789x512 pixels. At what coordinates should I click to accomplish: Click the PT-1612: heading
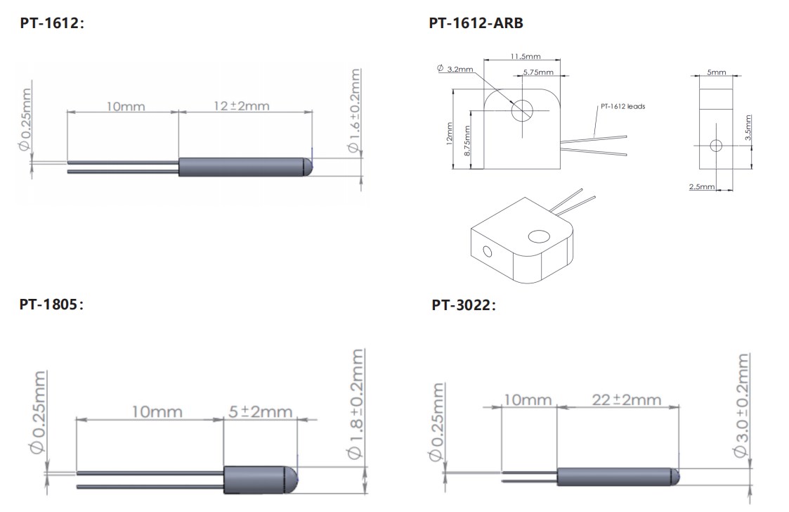[52, 23]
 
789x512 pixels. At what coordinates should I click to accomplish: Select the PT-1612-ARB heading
[476, 23]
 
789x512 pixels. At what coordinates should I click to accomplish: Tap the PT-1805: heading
[51, 305]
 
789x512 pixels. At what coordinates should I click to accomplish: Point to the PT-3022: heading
[464, 305]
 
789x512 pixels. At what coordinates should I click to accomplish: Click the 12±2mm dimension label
[242, 105]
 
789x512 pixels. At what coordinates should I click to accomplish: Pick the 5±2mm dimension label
[260, 411]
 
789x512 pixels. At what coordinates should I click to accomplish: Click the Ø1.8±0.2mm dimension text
[356, 404]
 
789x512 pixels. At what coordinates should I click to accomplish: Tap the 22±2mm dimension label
[627, 399]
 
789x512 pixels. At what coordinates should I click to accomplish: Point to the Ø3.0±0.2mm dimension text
[741, 405]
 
